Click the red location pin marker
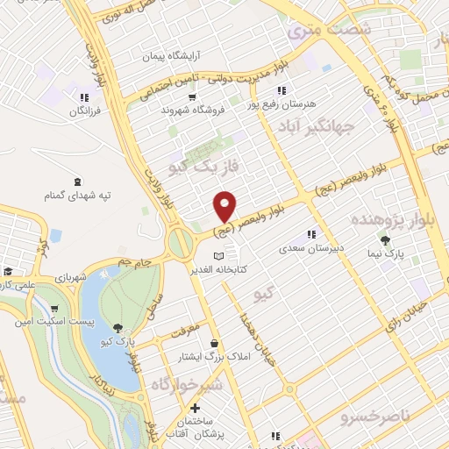click(225, 204)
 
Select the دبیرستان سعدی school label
click(314, 248)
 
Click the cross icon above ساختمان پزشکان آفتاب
click(194, 408)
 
